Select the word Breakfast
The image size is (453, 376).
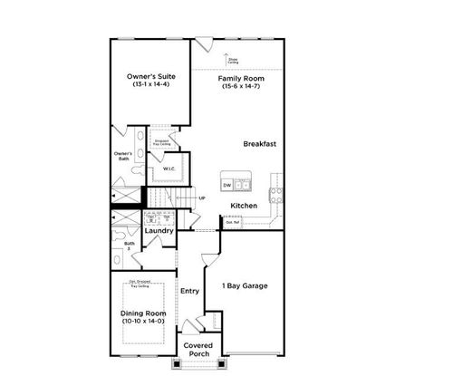point(259,144)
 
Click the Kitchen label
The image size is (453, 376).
point(244,206)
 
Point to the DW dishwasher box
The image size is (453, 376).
point(227,186)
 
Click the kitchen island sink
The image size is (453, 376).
point(244,186)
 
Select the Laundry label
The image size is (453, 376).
point(159,231)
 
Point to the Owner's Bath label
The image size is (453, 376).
point(123,157)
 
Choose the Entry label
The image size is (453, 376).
point(189,291)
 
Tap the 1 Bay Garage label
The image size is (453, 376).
point(245,286)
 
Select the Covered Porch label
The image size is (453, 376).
point(198,350)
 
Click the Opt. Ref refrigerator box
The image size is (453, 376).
point(232,220)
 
